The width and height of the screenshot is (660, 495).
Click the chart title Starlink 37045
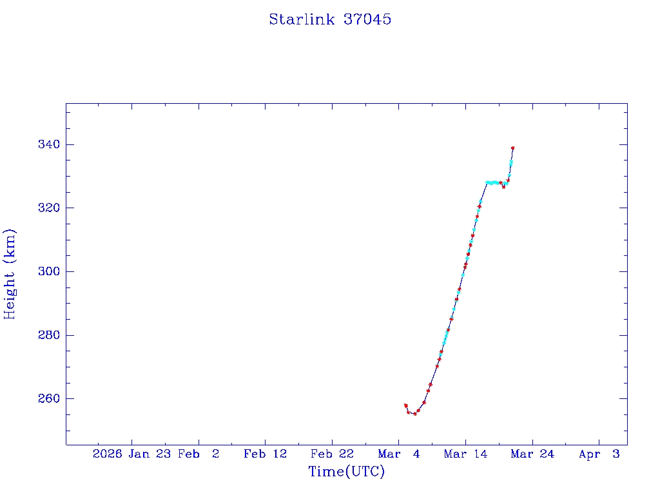tap(330, 19)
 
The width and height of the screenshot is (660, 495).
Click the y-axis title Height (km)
tap(10, 274)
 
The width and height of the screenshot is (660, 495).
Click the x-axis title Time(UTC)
tap(346, 472)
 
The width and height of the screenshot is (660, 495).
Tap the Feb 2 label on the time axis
tap(199, 454)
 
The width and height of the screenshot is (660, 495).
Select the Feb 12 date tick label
tap(265, 454)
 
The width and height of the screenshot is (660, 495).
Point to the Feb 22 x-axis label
tap(332, 454)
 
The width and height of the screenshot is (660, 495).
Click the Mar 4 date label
tap(399, 454)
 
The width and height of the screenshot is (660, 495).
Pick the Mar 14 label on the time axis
tap(465, 454)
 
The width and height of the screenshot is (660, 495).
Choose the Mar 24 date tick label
tap(532, 454)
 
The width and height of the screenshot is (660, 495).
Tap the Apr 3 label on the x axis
tap(599, 454)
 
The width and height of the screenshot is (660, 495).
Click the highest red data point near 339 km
tap(512, 148)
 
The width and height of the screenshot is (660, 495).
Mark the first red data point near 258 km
tap(405, 405)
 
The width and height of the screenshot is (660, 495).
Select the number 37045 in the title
tap(367, 19)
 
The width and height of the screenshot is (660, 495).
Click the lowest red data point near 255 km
tap(414, 414)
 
